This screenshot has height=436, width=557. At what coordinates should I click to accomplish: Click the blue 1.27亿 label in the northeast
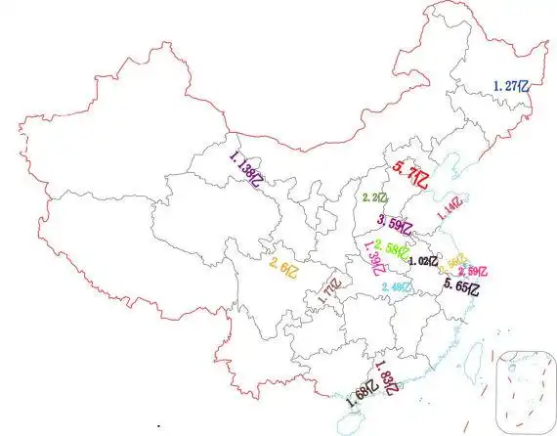click(x=513, y=86)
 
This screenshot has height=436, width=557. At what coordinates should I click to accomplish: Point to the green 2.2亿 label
click(x=375, y=198)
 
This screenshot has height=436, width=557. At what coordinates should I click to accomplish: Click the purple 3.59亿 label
click(x=396, y=223)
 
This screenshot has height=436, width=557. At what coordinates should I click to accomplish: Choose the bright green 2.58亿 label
click(x=391, y=249)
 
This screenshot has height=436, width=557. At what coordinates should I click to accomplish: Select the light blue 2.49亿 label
click(x=397, y=286)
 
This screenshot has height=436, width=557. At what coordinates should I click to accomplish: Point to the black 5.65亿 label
click(x=462, y=286)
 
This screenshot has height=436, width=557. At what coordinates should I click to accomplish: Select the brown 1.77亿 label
click(x=329, y=292)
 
